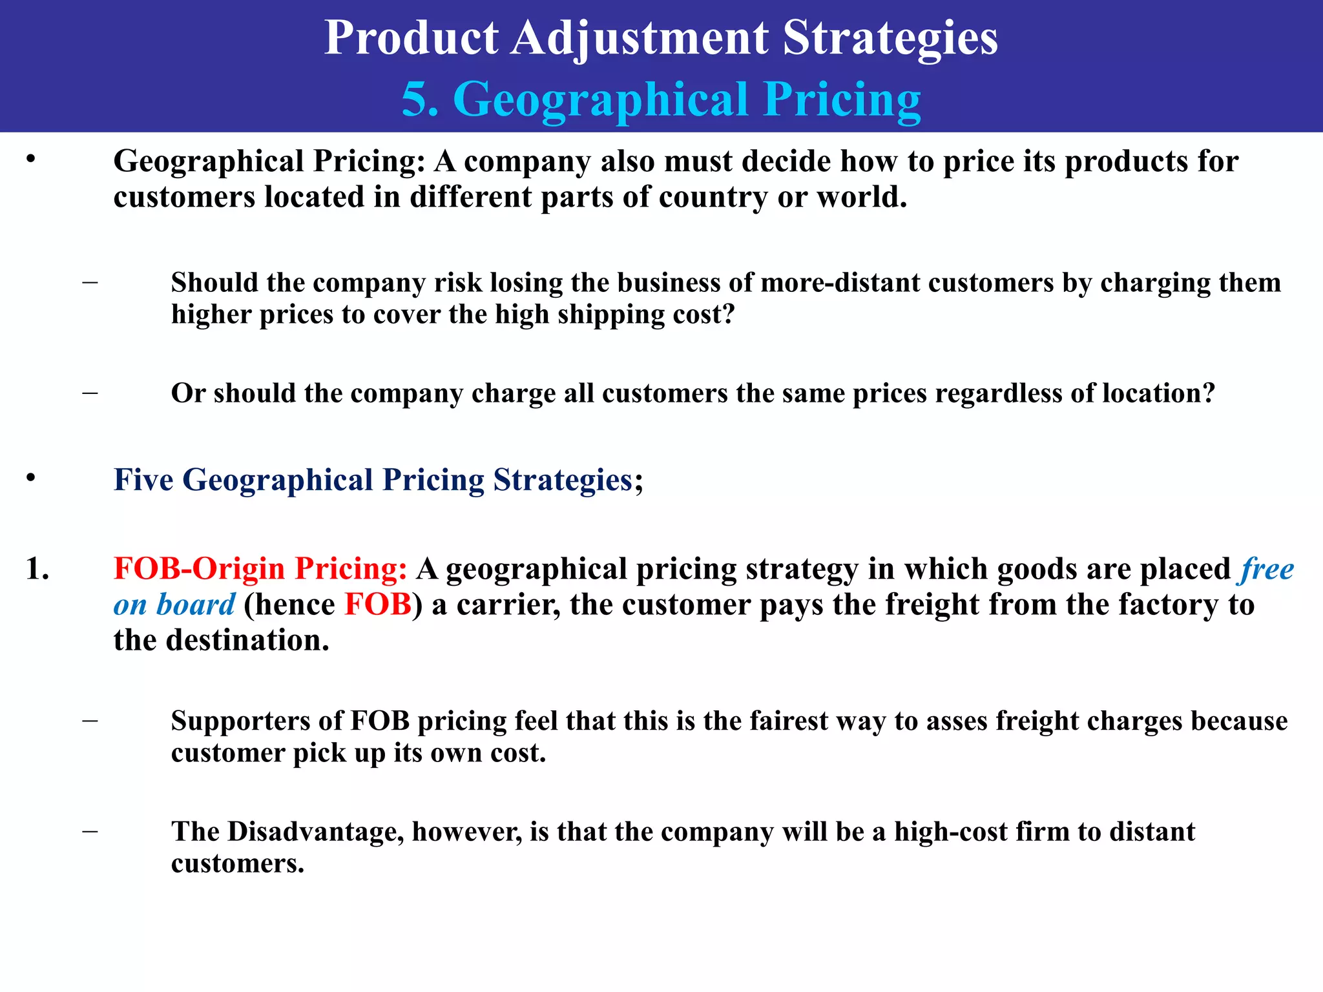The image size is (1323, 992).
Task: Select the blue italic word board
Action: pos(195,604)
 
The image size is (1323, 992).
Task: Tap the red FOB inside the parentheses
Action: pos(378,604)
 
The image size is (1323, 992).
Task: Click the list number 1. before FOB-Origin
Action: pos(37,569)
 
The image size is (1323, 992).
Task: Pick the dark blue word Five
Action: pos(143,480)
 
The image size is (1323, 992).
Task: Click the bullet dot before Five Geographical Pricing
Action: pos(30,479)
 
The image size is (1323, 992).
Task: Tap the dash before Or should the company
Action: pos(90,392)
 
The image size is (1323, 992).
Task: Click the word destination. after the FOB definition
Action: pos(247,641)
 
